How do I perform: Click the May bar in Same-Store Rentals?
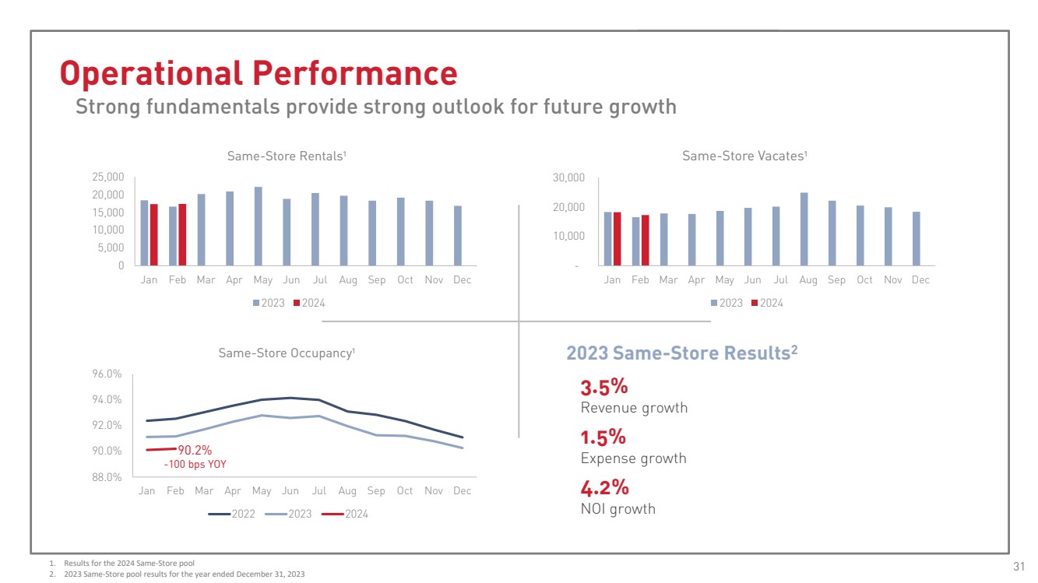259,226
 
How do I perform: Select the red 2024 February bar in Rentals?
182,234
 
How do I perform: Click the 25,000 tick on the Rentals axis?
108,177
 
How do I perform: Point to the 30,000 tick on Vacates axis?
568,178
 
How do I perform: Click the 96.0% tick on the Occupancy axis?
106,374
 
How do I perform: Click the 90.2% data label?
195,450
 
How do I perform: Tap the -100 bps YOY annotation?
195,465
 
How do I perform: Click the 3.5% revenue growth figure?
604,387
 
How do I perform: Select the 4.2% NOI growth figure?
604,488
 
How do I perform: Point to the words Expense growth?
633,458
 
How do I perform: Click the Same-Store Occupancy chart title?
287,353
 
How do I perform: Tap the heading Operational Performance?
259,73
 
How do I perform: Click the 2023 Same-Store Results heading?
681,353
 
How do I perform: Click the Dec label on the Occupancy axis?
462,491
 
